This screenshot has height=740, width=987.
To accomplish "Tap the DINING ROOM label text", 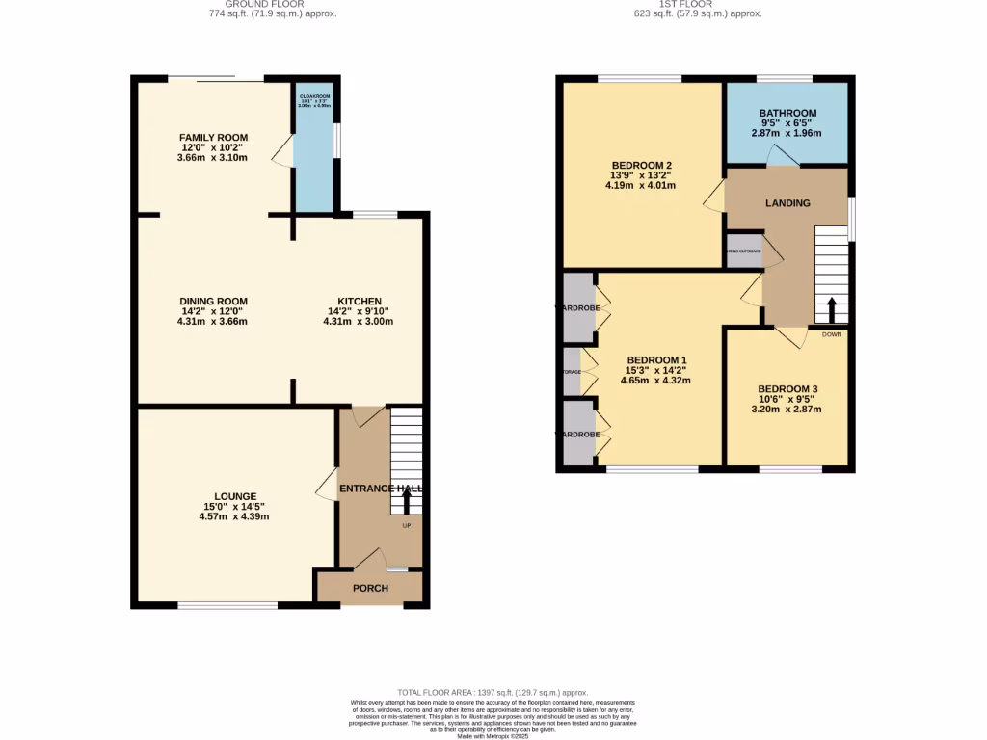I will click(213, 302).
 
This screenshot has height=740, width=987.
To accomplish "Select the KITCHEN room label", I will click(359, 302).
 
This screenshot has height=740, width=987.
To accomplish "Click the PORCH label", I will click(370, 589).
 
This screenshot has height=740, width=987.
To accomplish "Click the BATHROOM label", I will click(787, 113).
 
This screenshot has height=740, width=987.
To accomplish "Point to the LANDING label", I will click(787, 203).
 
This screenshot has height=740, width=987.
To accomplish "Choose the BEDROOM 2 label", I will click(641, 164).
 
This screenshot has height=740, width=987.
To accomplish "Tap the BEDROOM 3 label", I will click(787, 389).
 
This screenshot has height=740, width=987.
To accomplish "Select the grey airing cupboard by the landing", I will click(744, 252).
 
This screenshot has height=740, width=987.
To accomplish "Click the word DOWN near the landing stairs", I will click(831, 335).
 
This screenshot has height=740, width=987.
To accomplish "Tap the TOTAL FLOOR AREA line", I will click(493, 693).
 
